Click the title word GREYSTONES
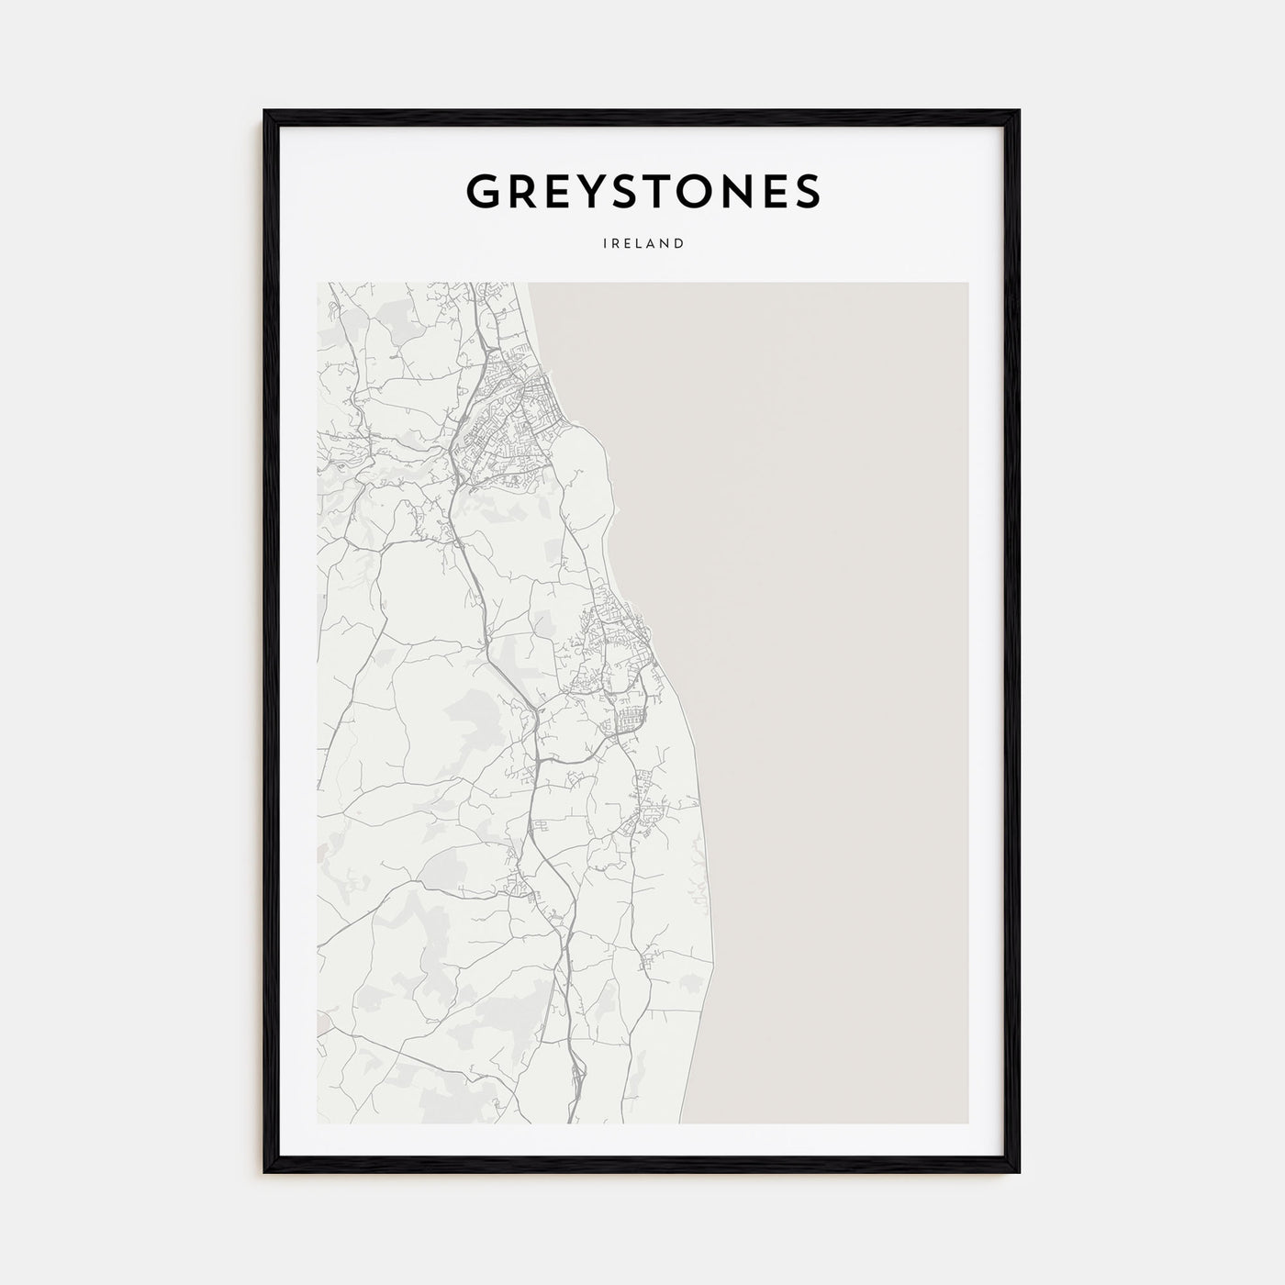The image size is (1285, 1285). pyautogui.click(x=642, y=191)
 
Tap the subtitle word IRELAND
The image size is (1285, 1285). pyautogui.click(x=642, y=244)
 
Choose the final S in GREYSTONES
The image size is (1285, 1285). pyautogui.click(x=806, y=191)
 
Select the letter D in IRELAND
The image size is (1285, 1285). pyautogui.click(x=679, y=244)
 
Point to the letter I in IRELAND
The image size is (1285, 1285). pyautogui.click(x=605, y=244)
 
